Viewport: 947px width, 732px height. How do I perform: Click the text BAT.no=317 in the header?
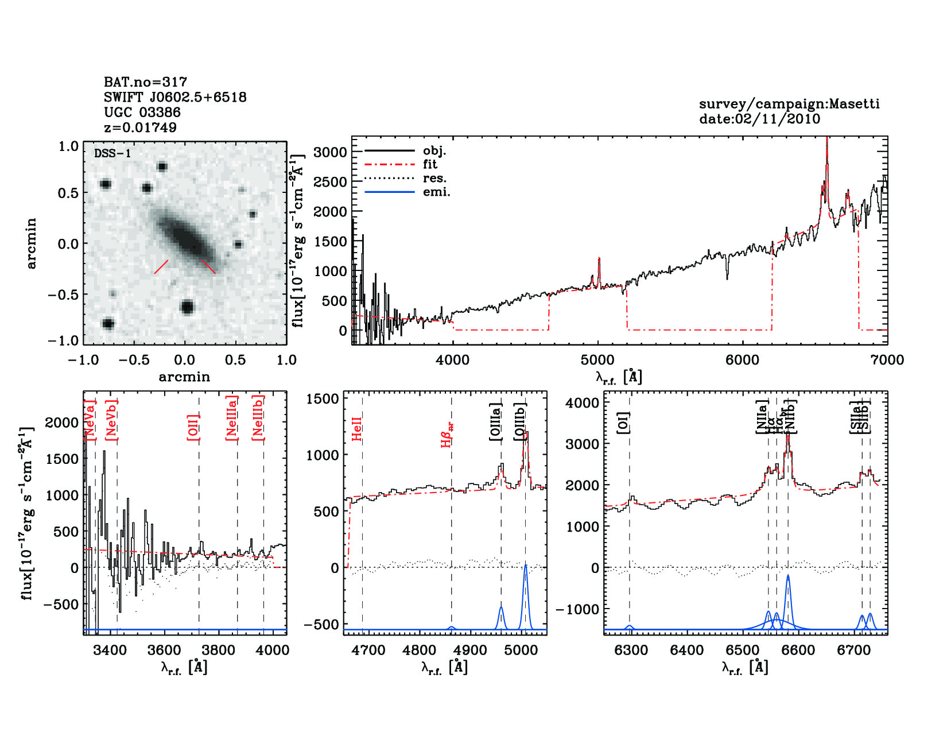(x=145, y=82)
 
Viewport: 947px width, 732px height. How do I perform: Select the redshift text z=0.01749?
(x=140, y=127)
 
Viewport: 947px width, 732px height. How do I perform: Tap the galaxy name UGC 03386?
(x=142, y=113)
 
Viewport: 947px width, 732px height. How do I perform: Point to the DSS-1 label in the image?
(x=112, y=153)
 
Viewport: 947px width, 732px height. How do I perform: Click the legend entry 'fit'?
(x=430, y=165)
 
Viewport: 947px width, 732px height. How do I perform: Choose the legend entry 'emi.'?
(x=436, y=192)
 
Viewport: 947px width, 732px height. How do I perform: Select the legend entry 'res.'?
(x=434, y=179)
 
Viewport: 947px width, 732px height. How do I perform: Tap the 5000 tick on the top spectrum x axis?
(x=597, y=360)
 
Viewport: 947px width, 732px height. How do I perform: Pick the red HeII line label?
(x=357, y=429)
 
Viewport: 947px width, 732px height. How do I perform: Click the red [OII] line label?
(x=193, y=427)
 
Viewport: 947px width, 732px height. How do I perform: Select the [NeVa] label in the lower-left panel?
(x=90, y=420)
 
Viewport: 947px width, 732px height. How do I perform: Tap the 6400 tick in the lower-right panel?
(x=686, y=650)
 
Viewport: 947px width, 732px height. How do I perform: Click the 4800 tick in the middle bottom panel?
(x=420, y=650)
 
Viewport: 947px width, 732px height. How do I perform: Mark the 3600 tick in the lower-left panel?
(x=164, y=650)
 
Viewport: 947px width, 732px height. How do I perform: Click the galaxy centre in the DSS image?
(x=186, y=237)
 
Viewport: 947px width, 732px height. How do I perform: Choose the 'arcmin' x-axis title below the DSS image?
(x=184, y=377)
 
